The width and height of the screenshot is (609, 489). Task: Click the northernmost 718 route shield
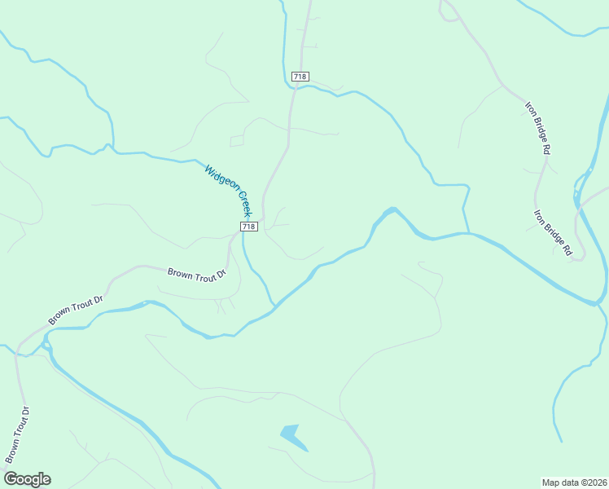pyautogui.click(x=300, y=77)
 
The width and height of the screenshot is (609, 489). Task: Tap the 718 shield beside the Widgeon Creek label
pyautogui.click(x=249, y=227)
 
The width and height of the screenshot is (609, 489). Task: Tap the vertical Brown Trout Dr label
pyautogui.click(x=17, y=434)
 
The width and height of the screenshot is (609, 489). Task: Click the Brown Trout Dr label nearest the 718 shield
pyautogui.click(x=195, y=275)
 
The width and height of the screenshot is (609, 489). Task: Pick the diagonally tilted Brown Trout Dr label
pyautogui.click(x=76, y=311)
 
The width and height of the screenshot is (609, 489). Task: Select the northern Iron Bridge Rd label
pyautogui.click(x=538, y=128)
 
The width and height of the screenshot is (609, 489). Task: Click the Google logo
pyautogui.click(x=27, y=479)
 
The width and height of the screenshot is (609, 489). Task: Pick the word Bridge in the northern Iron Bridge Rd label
pyautogui.click(x=538, y=127)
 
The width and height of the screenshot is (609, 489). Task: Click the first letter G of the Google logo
pyautogui.click(x=11, y=479)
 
